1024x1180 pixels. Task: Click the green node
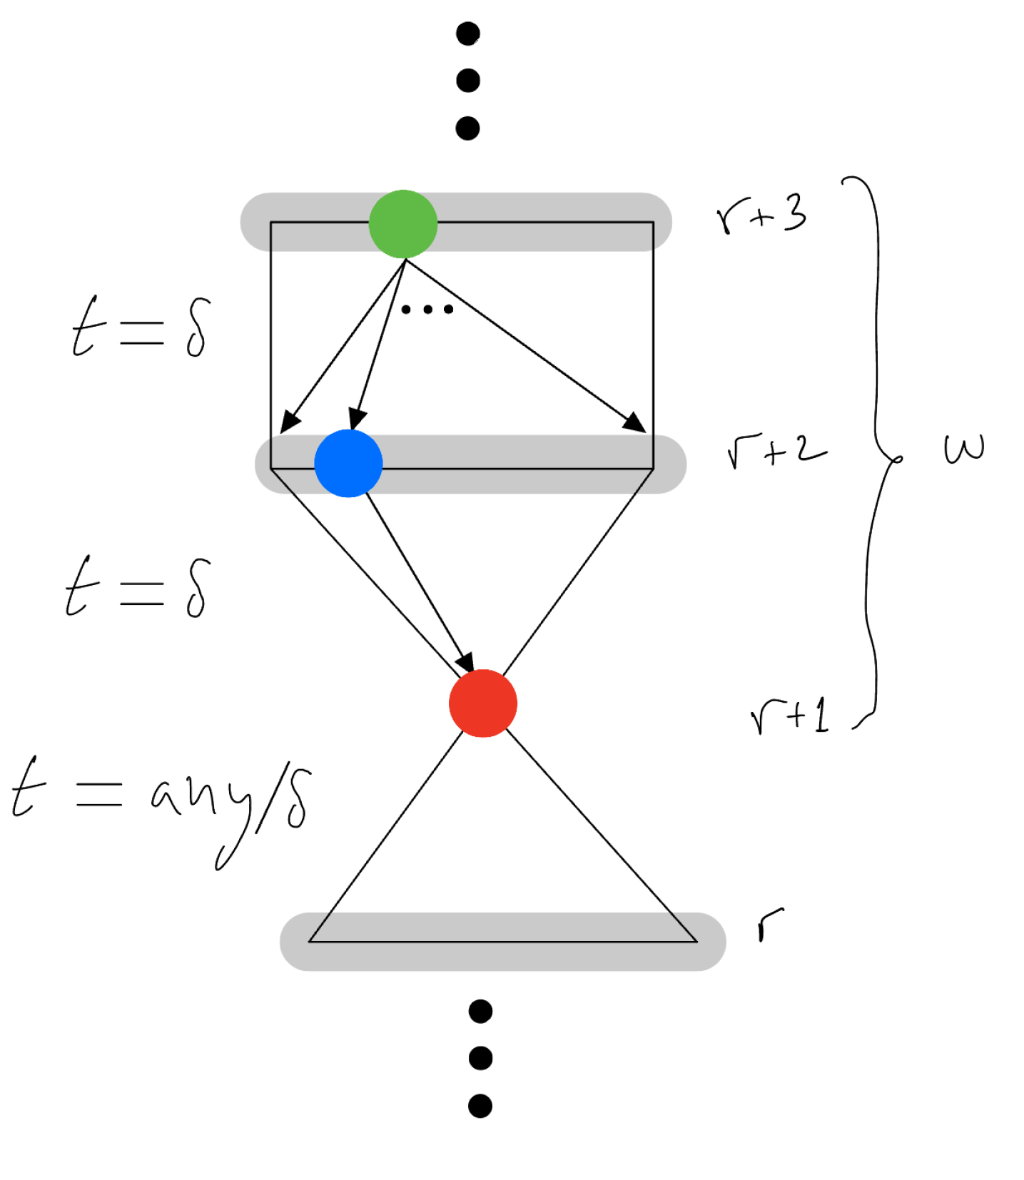point(403,224)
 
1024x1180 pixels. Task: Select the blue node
point(348,463)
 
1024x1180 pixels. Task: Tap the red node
point(483,703)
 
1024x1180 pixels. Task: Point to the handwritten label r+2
point(776,450)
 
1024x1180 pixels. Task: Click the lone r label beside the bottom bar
point(770,924)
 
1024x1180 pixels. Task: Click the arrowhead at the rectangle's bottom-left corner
point(289,422)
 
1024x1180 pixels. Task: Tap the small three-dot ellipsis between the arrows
point(427,309)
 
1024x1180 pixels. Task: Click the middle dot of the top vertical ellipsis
point(467,81)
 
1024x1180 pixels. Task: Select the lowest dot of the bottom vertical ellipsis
point(480,1105)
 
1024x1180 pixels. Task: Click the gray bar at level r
point(502,942)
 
